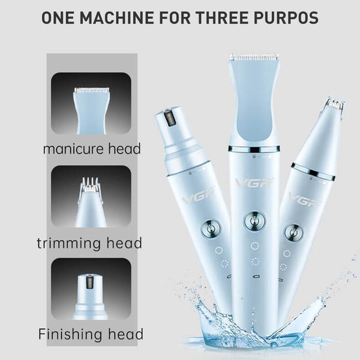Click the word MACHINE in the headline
coord(117,17)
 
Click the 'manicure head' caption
coord(92,149)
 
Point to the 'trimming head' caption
coord(89,243)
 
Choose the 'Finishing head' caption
coord(91,334)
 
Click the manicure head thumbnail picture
coord(91,104)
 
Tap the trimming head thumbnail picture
coord(91,197)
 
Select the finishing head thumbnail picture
coord(91,289)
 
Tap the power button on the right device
coord(294,233)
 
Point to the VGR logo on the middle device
coord(254,182)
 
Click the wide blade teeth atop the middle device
coord(254,56)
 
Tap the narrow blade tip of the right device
coord(336,103)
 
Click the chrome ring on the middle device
coord(254,149)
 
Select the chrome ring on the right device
coord(313,172)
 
